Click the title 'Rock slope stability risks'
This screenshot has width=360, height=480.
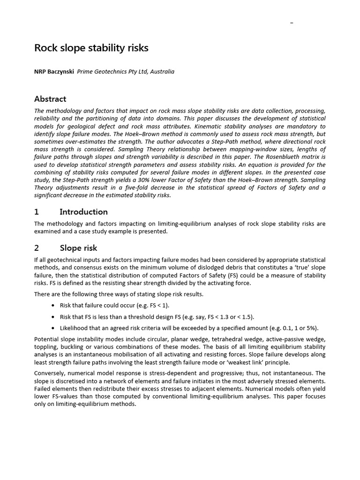click(x=91, y=48)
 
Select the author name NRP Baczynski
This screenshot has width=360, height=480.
click(x=54, y=72)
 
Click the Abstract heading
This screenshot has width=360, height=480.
click(x=50, y=99)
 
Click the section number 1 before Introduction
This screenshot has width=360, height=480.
click(x=37, y=212)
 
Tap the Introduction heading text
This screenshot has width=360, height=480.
click(x=84, y=212)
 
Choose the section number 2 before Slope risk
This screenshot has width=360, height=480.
click(x=37, y=248)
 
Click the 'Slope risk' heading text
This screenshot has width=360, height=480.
click(x=78, y=248)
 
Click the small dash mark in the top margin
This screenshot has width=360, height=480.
click(x=292, y=22)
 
